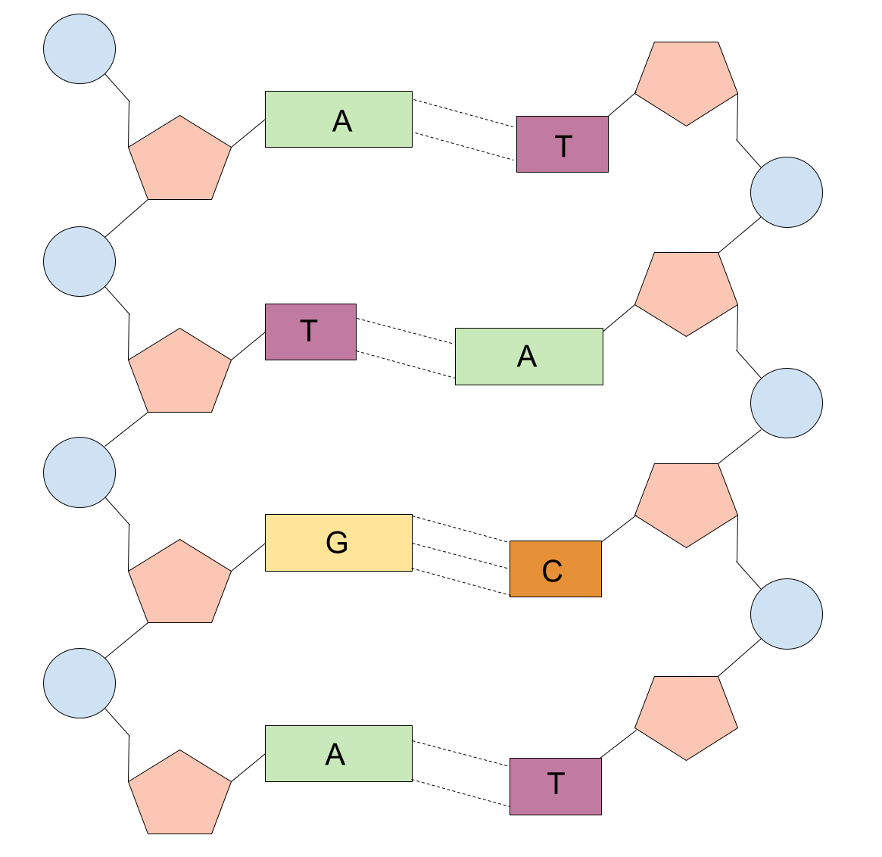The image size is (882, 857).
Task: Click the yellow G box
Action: tap(338, 543)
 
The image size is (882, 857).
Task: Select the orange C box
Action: tap(555, 569)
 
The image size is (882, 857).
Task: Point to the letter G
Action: tap(337, 543)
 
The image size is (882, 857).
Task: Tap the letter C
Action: tap(553, 571)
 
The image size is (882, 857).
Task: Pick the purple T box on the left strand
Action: tap(310, 332)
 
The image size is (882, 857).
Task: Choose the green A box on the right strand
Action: tap(528, 357)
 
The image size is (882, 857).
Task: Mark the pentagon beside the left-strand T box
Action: tap(179, 373)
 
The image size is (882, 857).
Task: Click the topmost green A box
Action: tap(338, 120)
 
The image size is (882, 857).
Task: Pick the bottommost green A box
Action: tap(338, 753)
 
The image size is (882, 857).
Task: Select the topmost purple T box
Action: tap(562, 145)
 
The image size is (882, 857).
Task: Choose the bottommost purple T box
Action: tap(555, 787)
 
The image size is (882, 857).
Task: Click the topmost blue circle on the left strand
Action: tap(79, 49)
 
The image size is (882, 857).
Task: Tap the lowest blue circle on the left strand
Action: tap(79, 683)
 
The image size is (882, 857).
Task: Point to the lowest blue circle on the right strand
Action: tap(787, 614)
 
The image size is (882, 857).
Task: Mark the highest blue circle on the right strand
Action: tap(787, 192)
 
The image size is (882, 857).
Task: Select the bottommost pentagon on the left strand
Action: tap(179, 795)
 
